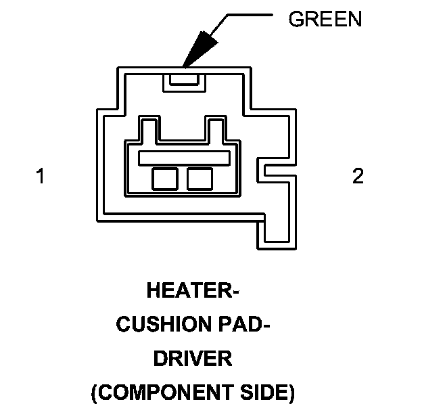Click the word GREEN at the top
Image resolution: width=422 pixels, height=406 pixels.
325,19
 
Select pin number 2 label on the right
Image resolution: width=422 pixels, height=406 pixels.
358,177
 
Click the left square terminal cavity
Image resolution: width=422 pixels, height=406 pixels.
164,179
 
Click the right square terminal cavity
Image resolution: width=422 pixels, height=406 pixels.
200,179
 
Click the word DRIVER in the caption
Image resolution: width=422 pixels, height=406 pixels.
193,359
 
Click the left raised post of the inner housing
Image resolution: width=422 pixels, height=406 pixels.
149,128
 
